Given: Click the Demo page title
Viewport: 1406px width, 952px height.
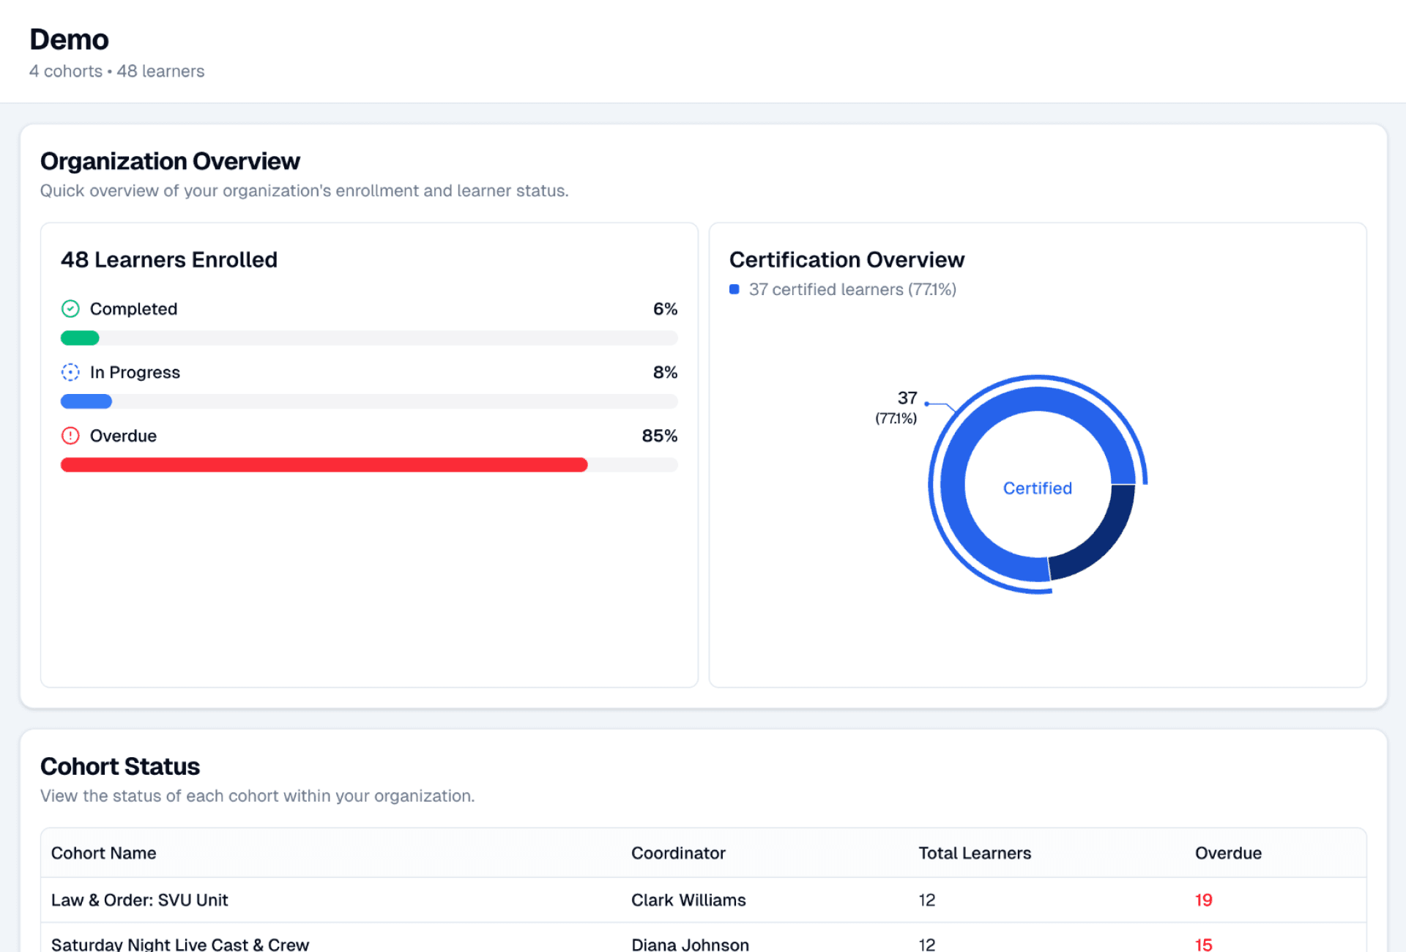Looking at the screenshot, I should pos(69,40).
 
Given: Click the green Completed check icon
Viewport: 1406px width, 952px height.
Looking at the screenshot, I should pos(70,309).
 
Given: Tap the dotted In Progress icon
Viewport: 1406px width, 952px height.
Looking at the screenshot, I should pos(70,373).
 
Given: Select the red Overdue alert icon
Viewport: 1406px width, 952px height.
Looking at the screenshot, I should pos(70,436).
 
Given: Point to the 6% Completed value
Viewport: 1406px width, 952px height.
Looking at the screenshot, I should pos(665,309).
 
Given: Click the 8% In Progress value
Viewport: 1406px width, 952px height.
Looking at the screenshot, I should pos(665,373).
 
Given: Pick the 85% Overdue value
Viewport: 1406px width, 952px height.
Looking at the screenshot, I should pos(659,436).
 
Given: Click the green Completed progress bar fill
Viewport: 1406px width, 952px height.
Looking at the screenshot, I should pos(80,338).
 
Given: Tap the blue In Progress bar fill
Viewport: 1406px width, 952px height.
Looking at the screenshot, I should pos(86,402).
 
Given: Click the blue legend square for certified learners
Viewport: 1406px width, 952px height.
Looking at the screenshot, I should pos(734,289).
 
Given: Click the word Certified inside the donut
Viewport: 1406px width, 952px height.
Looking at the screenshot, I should pos(1037,488).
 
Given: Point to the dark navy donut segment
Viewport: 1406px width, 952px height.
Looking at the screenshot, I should pos(1098,538).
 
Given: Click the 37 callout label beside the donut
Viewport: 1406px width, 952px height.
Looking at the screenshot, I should pos(907,398).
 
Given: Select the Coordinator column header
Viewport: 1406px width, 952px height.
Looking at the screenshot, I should pos(678,853).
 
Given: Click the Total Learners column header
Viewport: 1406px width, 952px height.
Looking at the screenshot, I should pos(975,853).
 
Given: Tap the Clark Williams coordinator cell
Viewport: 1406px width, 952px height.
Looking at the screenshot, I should pos(688,900).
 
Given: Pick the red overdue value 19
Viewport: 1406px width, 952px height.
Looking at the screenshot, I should pos(1203,900).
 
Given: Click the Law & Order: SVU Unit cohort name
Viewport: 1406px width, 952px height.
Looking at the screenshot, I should pos(140,900).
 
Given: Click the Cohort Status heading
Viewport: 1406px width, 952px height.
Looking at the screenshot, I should pos(120,767).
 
